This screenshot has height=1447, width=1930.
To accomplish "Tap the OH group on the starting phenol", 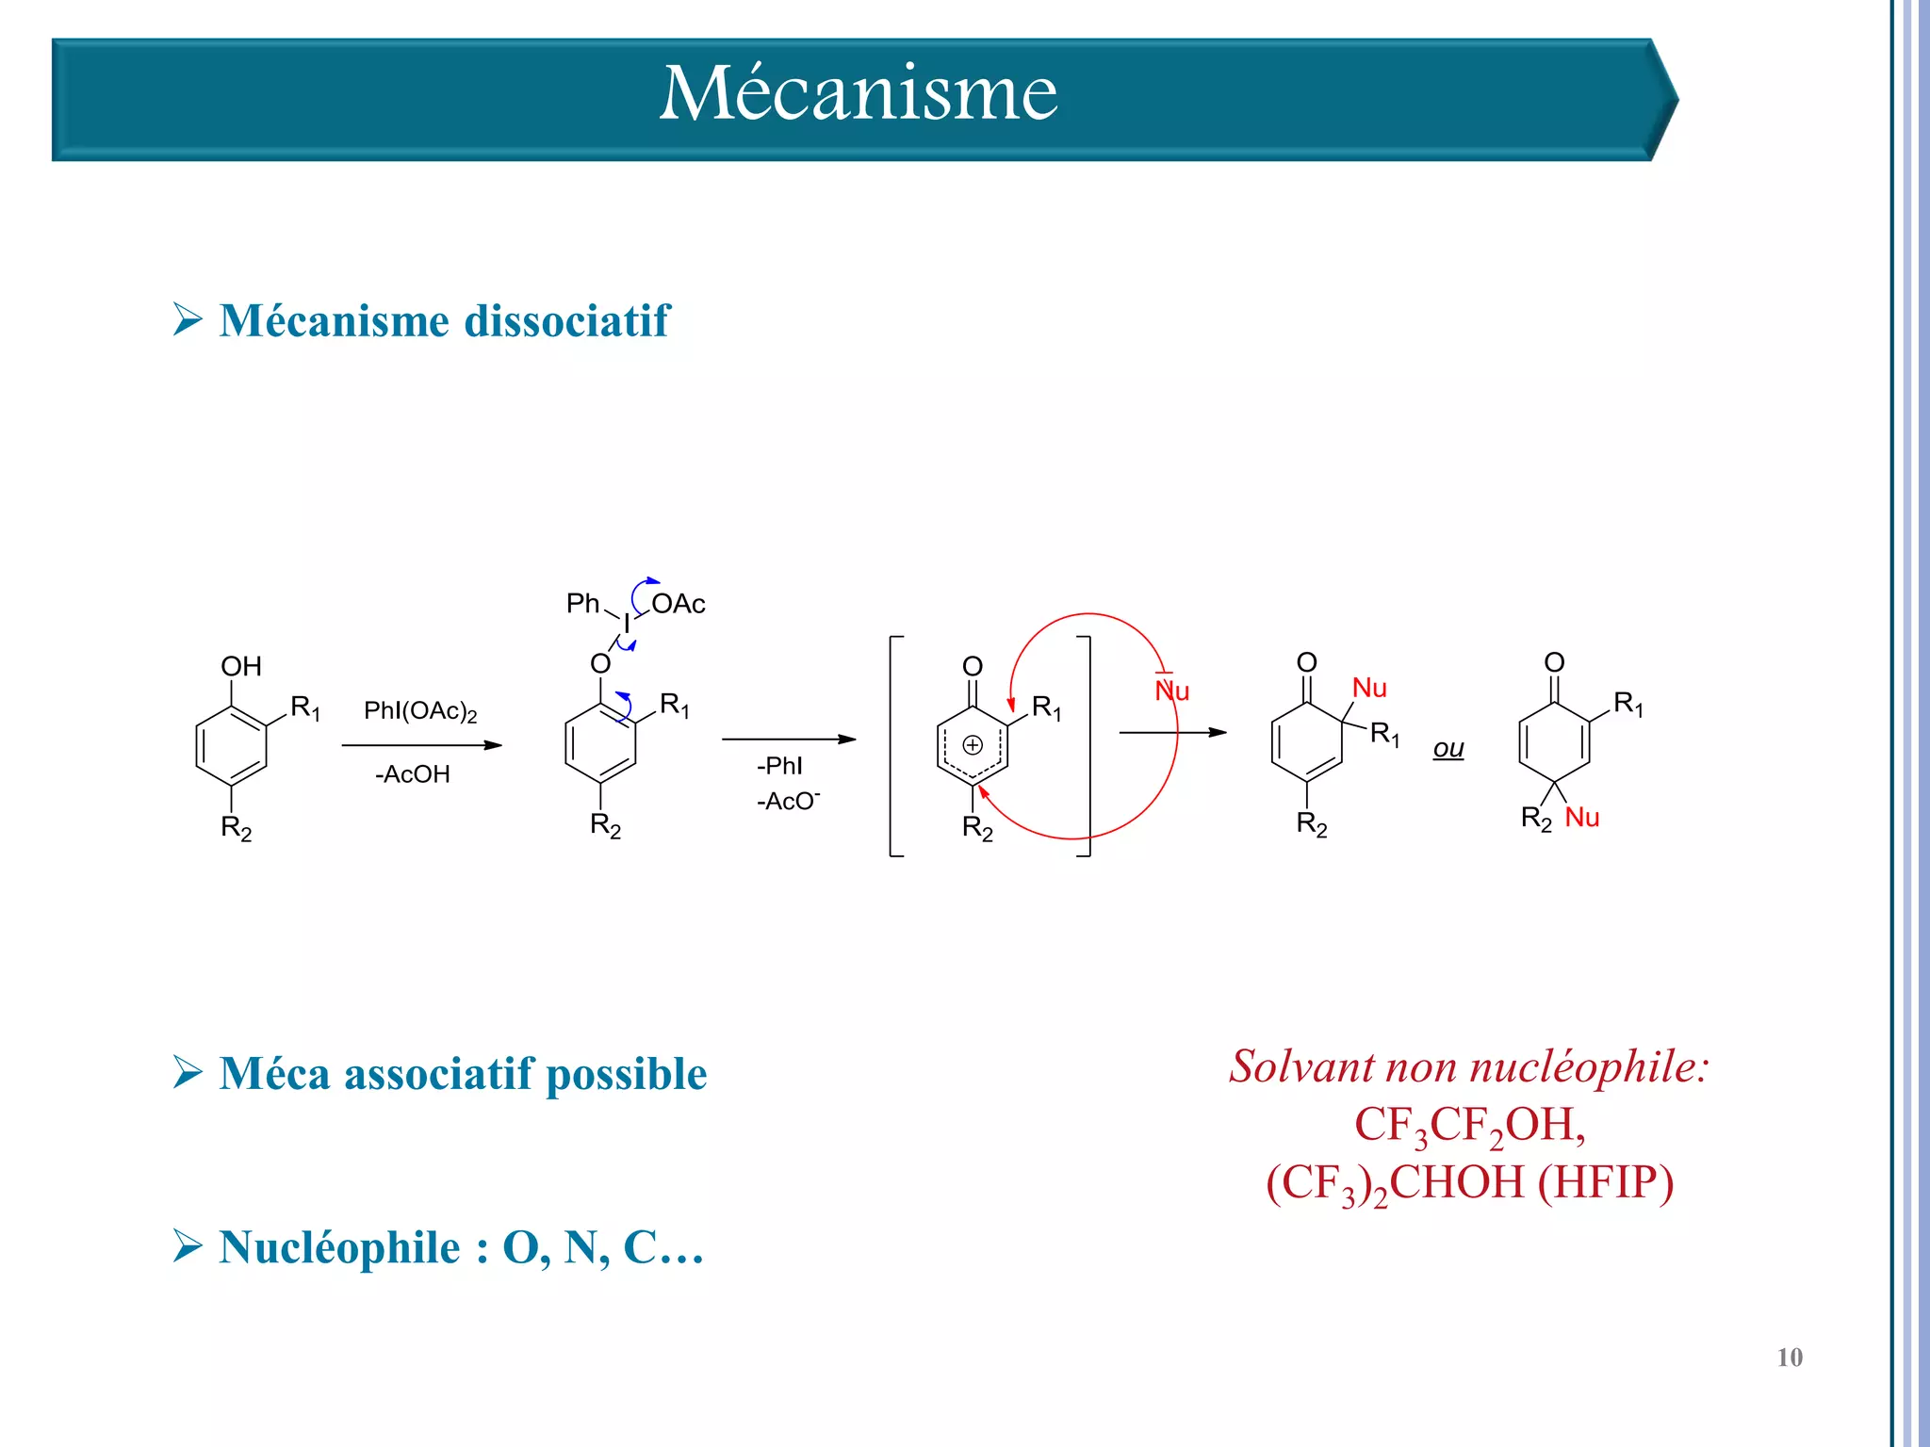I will coord(240,666).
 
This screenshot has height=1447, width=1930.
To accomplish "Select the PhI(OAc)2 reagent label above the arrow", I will coord(420,711).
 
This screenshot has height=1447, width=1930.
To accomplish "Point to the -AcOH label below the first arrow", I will coord(413,774).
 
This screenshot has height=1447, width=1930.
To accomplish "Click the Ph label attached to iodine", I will coord(582,603).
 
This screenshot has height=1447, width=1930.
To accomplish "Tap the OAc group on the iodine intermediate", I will coord(679,604).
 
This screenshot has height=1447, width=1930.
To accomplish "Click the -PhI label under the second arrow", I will coord(779,765).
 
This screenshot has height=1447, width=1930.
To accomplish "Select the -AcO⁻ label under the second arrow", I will coord(788,801).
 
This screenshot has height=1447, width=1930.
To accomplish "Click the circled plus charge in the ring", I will coord(973,745).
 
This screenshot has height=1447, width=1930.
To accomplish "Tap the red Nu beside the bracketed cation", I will coord(1172,691).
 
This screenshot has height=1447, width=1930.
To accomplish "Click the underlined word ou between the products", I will coord(1448,749).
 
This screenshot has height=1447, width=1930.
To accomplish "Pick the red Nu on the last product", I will coord(1582,818).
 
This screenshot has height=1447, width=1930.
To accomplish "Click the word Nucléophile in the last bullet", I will coord(340,1247).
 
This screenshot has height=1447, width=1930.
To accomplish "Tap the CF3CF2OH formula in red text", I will coord(1469,1125).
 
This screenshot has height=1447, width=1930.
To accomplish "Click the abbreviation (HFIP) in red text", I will coord(1606,1182).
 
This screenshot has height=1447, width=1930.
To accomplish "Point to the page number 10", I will coord(1789,1358).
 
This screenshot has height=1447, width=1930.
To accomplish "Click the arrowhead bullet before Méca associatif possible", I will coord(188,1072).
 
